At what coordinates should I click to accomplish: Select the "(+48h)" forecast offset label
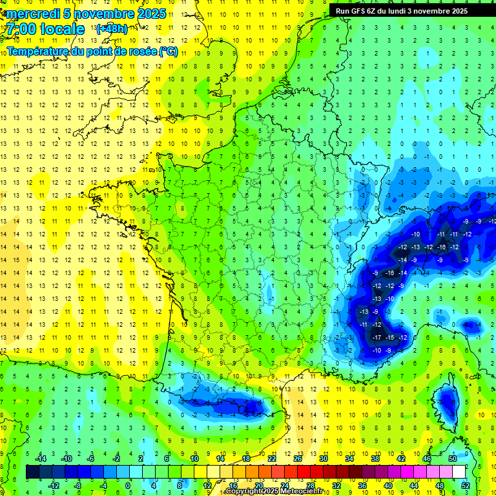tap(112, 28)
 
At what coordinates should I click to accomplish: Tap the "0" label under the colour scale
tap(128, 485)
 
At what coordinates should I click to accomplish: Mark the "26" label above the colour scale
tap(298, 459)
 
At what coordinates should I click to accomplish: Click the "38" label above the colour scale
tap(375, 459)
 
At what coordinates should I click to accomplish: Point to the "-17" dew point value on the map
tap(377, 338)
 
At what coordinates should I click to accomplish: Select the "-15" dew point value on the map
tap(389, 338)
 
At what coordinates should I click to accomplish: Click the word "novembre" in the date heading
tap(107, 14)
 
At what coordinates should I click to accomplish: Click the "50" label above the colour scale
tap(453, 459)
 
